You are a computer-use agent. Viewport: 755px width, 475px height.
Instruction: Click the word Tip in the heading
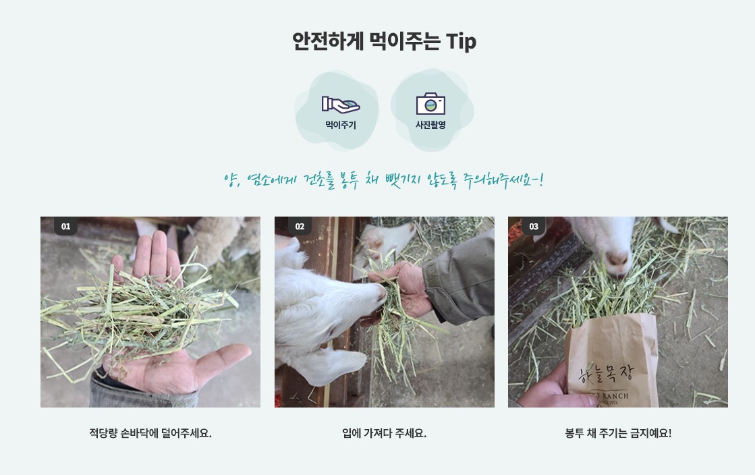(x=461, y=41)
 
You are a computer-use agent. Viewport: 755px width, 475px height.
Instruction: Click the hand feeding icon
(x=340, y=104)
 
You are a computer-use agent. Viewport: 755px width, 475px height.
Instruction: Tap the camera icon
(x=430, y=104)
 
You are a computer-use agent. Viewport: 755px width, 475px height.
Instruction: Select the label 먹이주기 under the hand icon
(x=340, y=125)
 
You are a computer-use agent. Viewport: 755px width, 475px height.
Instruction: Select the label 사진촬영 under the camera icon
(x=430, y=125)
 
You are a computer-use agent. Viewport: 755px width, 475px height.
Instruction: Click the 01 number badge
(x=65, y=226)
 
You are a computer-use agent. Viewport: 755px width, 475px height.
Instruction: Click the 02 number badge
(x=300, y=226)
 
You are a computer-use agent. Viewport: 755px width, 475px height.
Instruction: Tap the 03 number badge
(x=534, y=226)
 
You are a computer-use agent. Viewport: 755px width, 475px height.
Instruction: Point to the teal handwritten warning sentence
(x=383, y=180)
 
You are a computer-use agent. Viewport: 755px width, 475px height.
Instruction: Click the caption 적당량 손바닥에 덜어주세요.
(x=150, y=433)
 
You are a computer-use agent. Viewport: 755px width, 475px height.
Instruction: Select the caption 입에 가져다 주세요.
(x=384, y=433)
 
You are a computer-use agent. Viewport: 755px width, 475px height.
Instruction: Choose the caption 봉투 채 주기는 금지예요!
(x=618, y=433)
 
